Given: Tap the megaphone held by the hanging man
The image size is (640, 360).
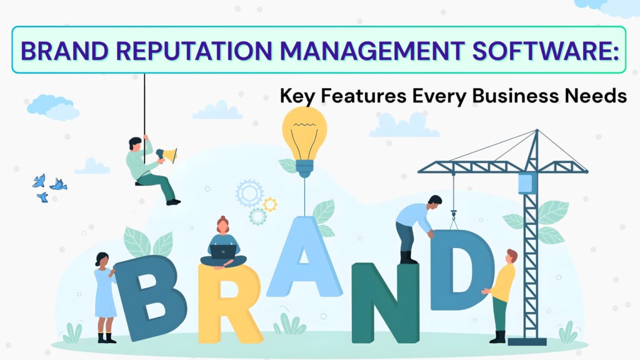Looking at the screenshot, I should pyautogui.click(x=167, y=154).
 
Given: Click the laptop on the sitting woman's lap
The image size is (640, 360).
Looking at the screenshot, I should pyautogui.click(x=222, y=251).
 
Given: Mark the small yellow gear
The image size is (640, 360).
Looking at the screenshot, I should pyautogui.click(x=270, y=204).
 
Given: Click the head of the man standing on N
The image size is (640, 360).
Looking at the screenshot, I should pyautogui.click(x=435, y=201).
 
